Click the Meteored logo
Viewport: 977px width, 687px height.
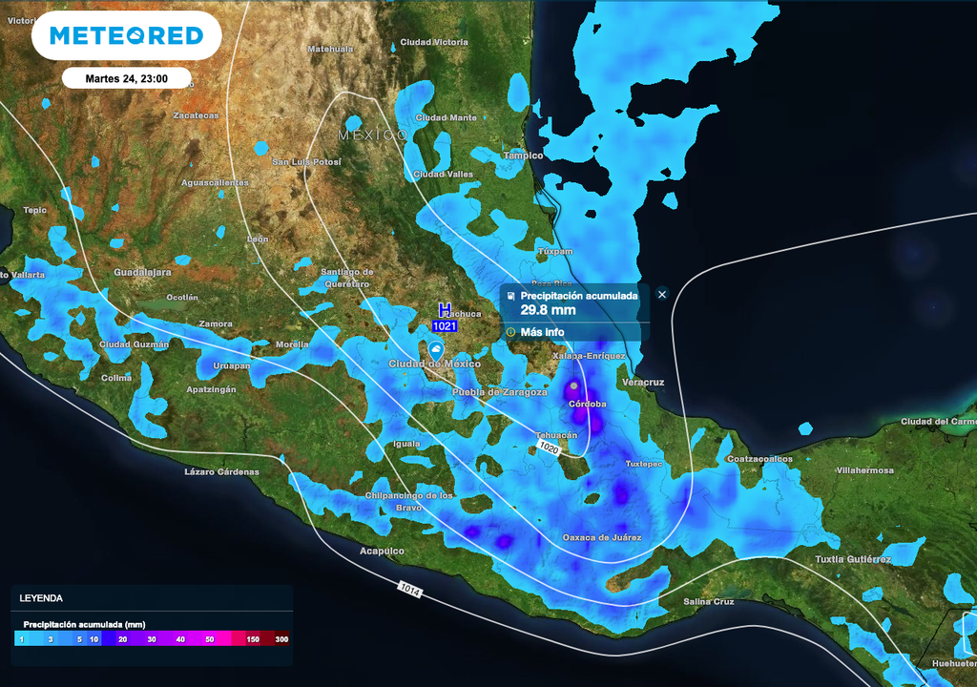coord(126,36)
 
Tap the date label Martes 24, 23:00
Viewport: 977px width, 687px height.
coord(126,78)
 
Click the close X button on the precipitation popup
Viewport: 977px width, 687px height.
coord(662,295)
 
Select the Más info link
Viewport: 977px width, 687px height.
coord(541,332)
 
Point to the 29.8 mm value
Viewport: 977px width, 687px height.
coord(548,310)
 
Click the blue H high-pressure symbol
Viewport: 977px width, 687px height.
coord(444,309)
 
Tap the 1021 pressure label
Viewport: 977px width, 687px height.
coord(445,326)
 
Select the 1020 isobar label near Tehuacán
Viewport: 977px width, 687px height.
coord(548,447)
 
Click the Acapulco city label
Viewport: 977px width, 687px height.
coord(382,552)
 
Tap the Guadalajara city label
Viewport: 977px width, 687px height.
coord(142,273)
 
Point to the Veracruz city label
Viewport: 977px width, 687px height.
coord(642,383)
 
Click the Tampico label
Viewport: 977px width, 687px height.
coord(523,156)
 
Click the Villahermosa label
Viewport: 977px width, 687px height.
coord(864,470)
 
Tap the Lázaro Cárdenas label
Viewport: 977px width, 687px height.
coord(221,472)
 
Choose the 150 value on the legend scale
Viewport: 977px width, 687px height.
coord(252,639)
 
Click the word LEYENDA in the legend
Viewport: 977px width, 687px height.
coord(41,598)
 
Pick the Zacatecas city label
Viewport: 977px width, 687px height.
coord(196,116)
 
